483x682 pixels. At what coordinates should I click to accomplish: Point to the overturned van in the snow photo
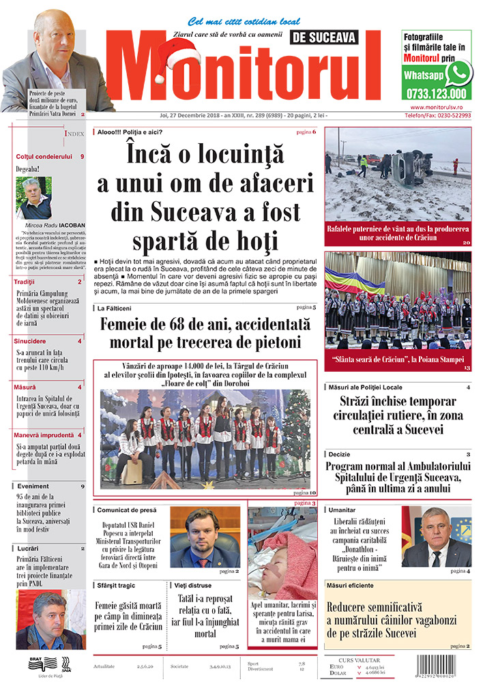[411, 167]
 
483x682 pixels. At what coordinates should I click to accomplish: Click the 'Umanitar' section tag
[342, 509]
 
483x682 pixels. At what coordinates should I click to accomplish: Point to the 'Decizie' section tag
[339, 454]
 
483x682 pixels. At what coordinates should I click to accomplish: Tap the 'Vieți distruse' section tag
[192, 585]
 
